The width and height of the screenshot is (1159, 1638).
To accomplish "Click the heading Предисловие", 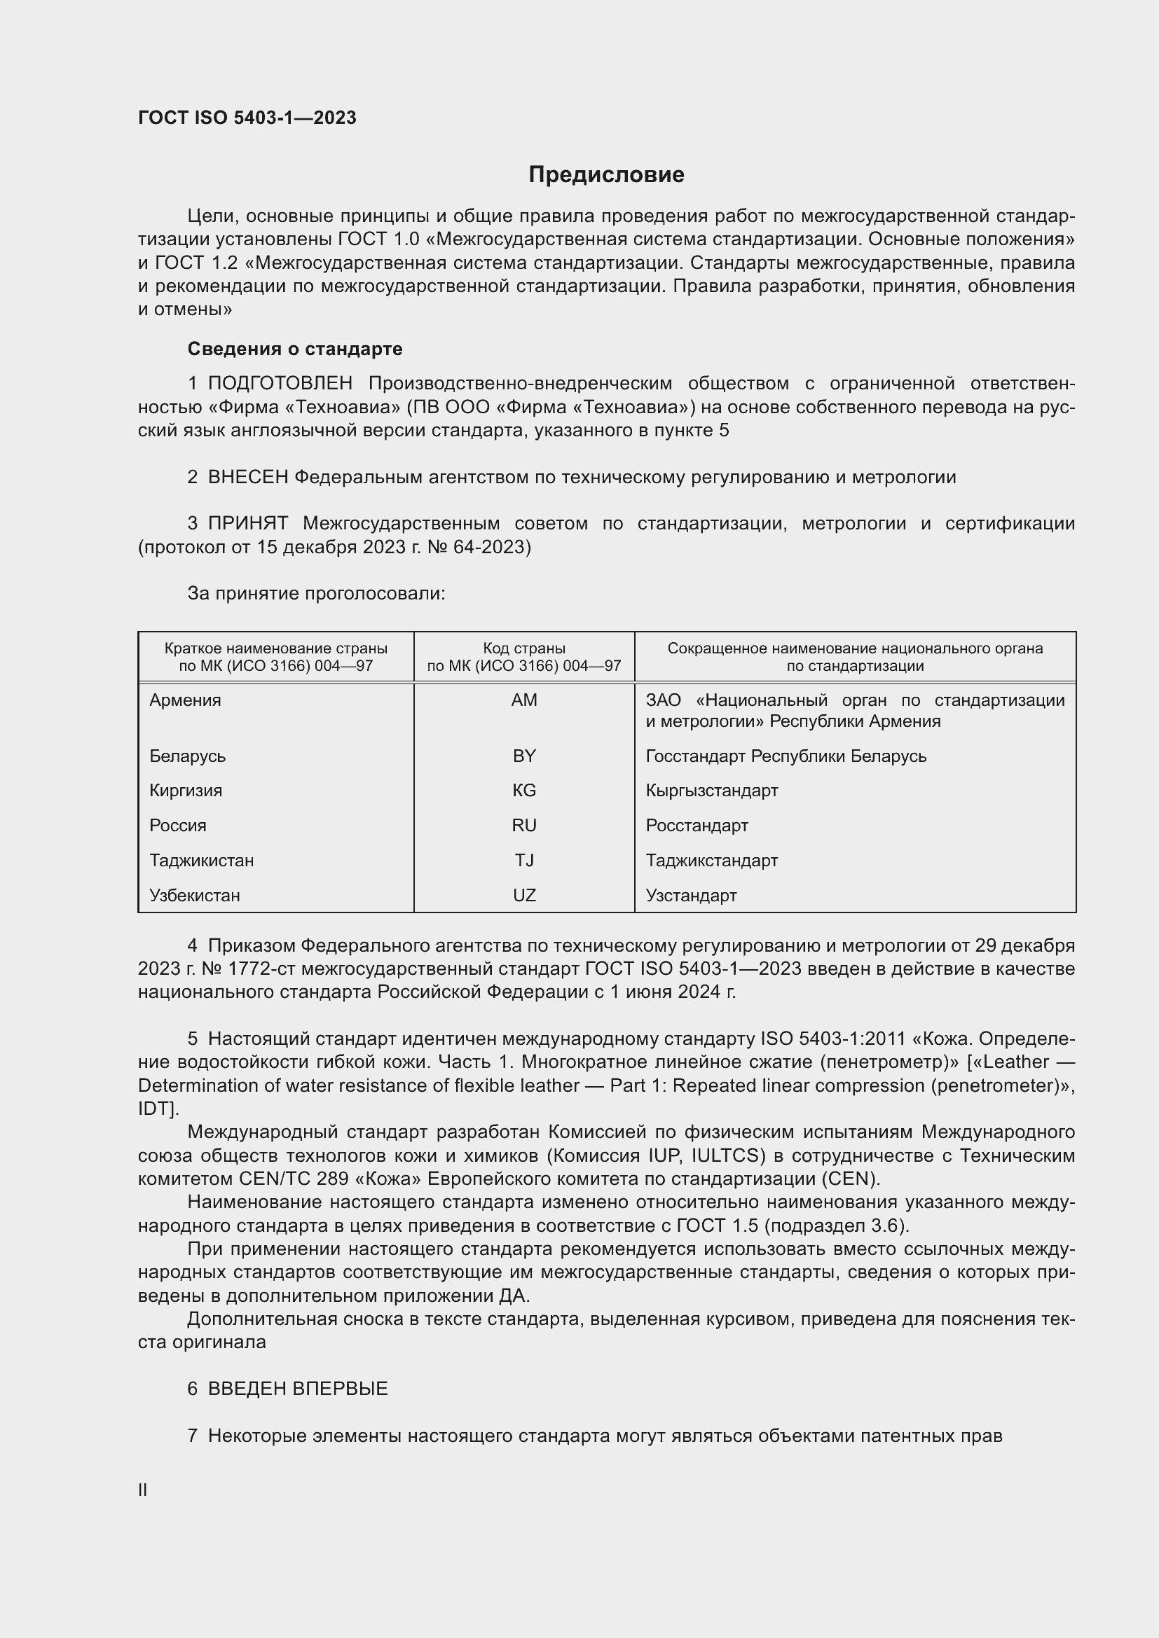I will click(x=606, y=175).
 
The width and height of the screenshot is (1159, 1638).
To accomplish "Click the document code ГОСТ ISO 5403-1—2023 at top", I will click(x=247, y=118).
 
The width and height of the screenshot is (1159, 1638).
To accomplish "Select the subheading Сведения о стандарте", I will click(x=295, y=349).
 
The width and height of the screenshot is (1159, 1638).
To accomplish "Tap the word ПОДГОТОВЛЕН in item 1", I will click(x=280, y=384).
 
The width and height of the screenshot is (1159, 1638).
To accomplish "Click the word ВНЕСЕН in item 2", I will click(x=247, y=478).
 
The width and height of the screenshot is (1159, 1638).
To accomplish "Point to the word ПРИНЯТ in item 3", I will click(x=247, y=524).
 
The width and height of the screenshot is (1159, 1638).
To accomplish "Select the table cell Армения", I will click(x=185, y=700).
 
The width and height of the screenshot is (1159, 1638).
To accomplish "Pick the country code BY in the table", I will click(x=524, y=756).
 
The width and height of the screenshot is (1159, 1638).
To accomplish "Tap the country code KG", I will click(x=524, y=791).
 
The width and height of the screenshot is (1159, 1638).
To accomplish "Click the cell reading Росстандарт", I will click(x=697, y=826).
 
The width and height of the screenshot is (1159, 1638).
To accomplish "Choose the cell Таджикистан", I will click(x=201, y=861).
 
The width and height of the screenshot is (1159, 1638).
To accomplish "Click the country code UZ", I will click(x=524, y=896).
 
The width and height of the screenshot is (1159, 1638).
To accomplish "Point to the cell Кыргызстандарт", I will click(x=711, y=791).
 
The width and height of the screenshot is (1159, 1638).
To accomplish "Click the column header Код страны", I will click(x=524, y=648).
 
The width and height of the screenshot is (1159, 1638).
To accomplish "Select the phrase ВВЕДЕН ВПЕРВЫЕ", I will click(x=298, y=1389).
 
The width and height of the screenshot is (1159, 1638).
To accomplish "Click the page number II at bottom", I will click(x=143, y=1490).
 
